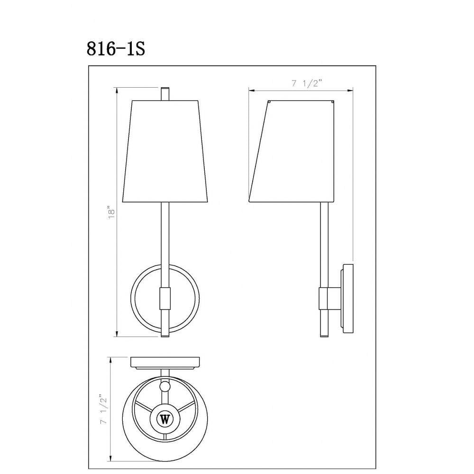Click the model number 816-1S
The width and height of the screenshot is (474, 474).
pyautogui.click(x=116, y=49)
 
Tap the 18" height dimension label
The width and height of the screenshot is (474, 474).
pyautogui.click(x=112, y=212)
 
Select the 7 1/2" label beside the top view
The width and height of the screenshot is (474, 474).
pyautogui.click(x=104, y=409)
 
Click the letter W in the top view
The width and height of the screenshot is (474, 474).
pyautogui.click(x=165, y=419)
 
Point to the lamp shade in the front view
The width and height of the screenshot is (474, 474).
pyautogui.click(x=165, y=151)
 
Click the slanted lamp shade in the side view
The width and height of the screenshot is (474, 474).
pyautogui.click(x=292, y=151)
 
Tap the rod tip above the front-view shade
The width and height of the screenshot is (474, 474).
pyautogui.click(x=165, y=94)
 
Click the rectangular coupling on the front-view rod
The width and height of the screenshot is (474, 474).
pyautogui.click(x=165, y=298)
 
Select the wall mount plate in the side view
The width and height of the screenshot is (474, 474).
pyautogui.click(x=347, y=298)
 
